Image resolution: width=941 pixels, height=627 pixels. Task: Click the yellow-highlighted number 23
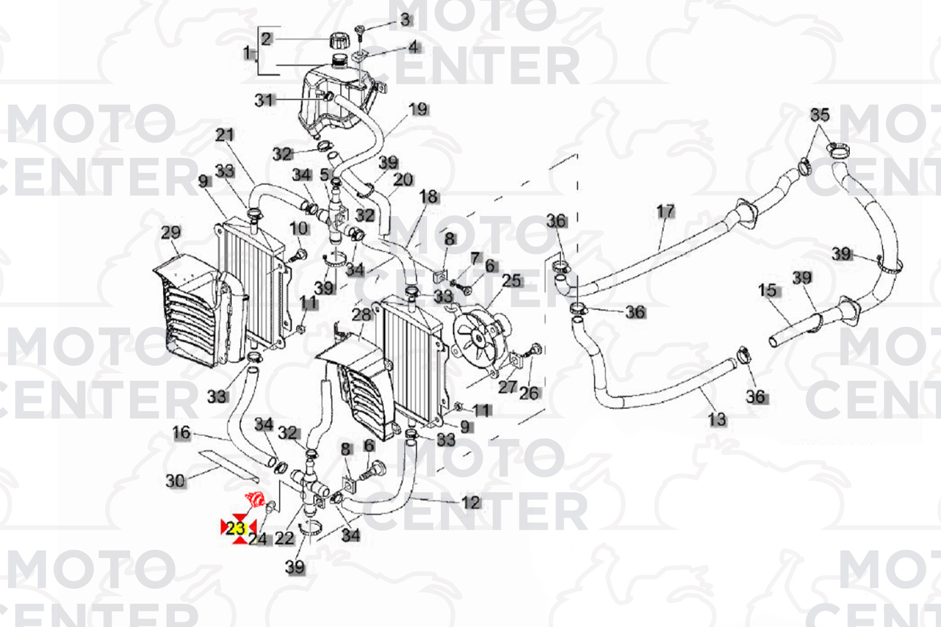click(236, 528)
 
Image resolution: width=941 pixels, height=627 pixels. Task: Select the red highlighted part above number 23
click(255, 500)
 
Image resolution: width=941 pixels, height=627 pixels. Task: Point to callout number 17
click(666, 212)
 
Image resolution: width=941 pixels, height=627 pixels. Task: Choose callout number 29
click(171, 232)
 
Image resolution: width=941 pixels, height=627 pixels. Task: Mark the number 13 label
click(717, 419)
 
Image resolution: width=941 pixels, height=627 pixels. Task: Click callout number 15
click(767, 290)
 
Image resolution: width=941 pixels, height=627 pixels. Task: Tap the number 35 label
click(820, 114)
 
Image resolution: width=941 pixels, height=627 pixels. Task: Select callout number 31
click(264, 100)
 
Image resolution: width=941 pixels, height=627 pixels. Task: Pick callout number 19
click(418, 109)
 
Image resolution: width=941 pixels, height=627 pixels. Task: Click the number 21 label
click(224, 135)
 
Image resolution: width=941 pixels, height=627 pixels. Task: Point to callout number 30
click(175, 481)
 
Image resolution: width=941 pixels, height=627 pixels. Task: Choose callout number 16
click(181, 433)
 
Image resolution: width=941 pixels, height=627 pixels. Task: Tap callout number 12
click(471, 502)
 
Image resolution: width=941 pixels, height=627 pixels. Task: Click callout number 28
click(362, 315)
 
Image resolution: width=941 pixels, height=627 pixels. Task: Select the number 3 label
click(405, 19)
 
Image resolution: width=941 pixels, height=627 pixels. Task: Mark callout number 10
click(299, 229)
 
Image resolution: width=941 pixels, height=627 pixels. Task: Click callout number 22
click(285, 538)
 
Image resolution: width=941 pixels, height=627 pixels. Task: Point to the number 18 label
click(429, 197)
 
